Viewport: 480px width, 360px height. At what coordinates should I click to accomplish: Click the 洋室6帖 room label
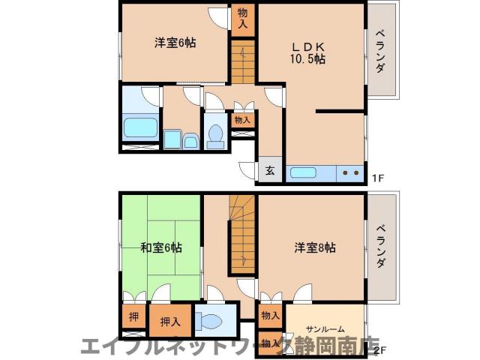coord(175,43)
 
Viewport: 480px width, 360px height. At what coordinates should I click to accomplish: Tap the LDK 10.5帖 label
coord(308,51)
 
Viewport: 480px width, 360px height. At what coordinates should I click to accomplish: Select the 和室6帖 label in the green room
coord(160,247)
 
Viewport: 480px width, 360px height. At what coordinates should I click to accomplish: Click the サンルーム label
coord(326,328)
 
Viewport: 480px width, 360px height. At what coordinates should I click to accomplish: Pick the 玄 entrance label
coord(270,170)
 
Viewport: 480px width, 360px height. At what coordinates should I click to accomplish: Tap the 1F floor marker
coord(379,178)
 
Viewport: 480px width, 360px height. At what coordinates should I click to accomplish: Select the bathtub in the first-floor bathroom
coord(140,128)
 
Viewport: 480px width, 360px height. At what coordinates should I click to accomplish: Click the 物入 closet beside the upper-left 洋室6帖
coord(243,17)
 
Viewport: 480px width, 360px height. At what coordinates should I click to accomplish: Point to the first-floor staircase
coord(243,64)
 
